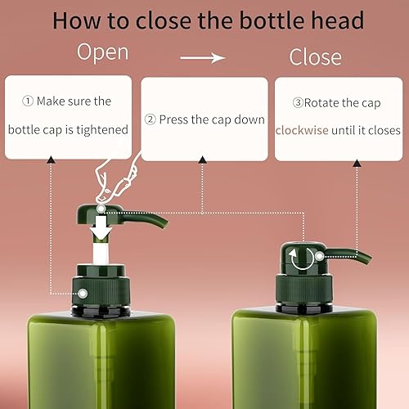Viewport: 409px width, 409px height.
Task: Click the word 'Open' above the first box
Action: click(102, 52)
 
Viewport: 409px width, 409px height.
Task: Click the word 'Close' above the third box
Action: click(315, 57)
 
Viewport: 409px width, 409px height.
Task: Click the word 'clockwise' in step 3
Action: click(303, 129)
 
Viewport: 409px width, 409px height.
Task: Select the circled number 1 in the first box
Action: click(27, 101)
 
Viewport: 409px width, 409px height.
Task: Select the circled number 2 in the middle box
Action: click(150, 119)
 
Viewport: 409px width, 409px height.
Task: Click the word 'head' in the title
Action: click(336, 20)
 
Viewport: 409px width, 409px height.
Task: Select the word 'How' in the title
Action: click(77, 20)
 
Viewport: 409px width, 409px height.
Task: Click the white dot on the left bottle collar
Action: click(83, 292)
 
